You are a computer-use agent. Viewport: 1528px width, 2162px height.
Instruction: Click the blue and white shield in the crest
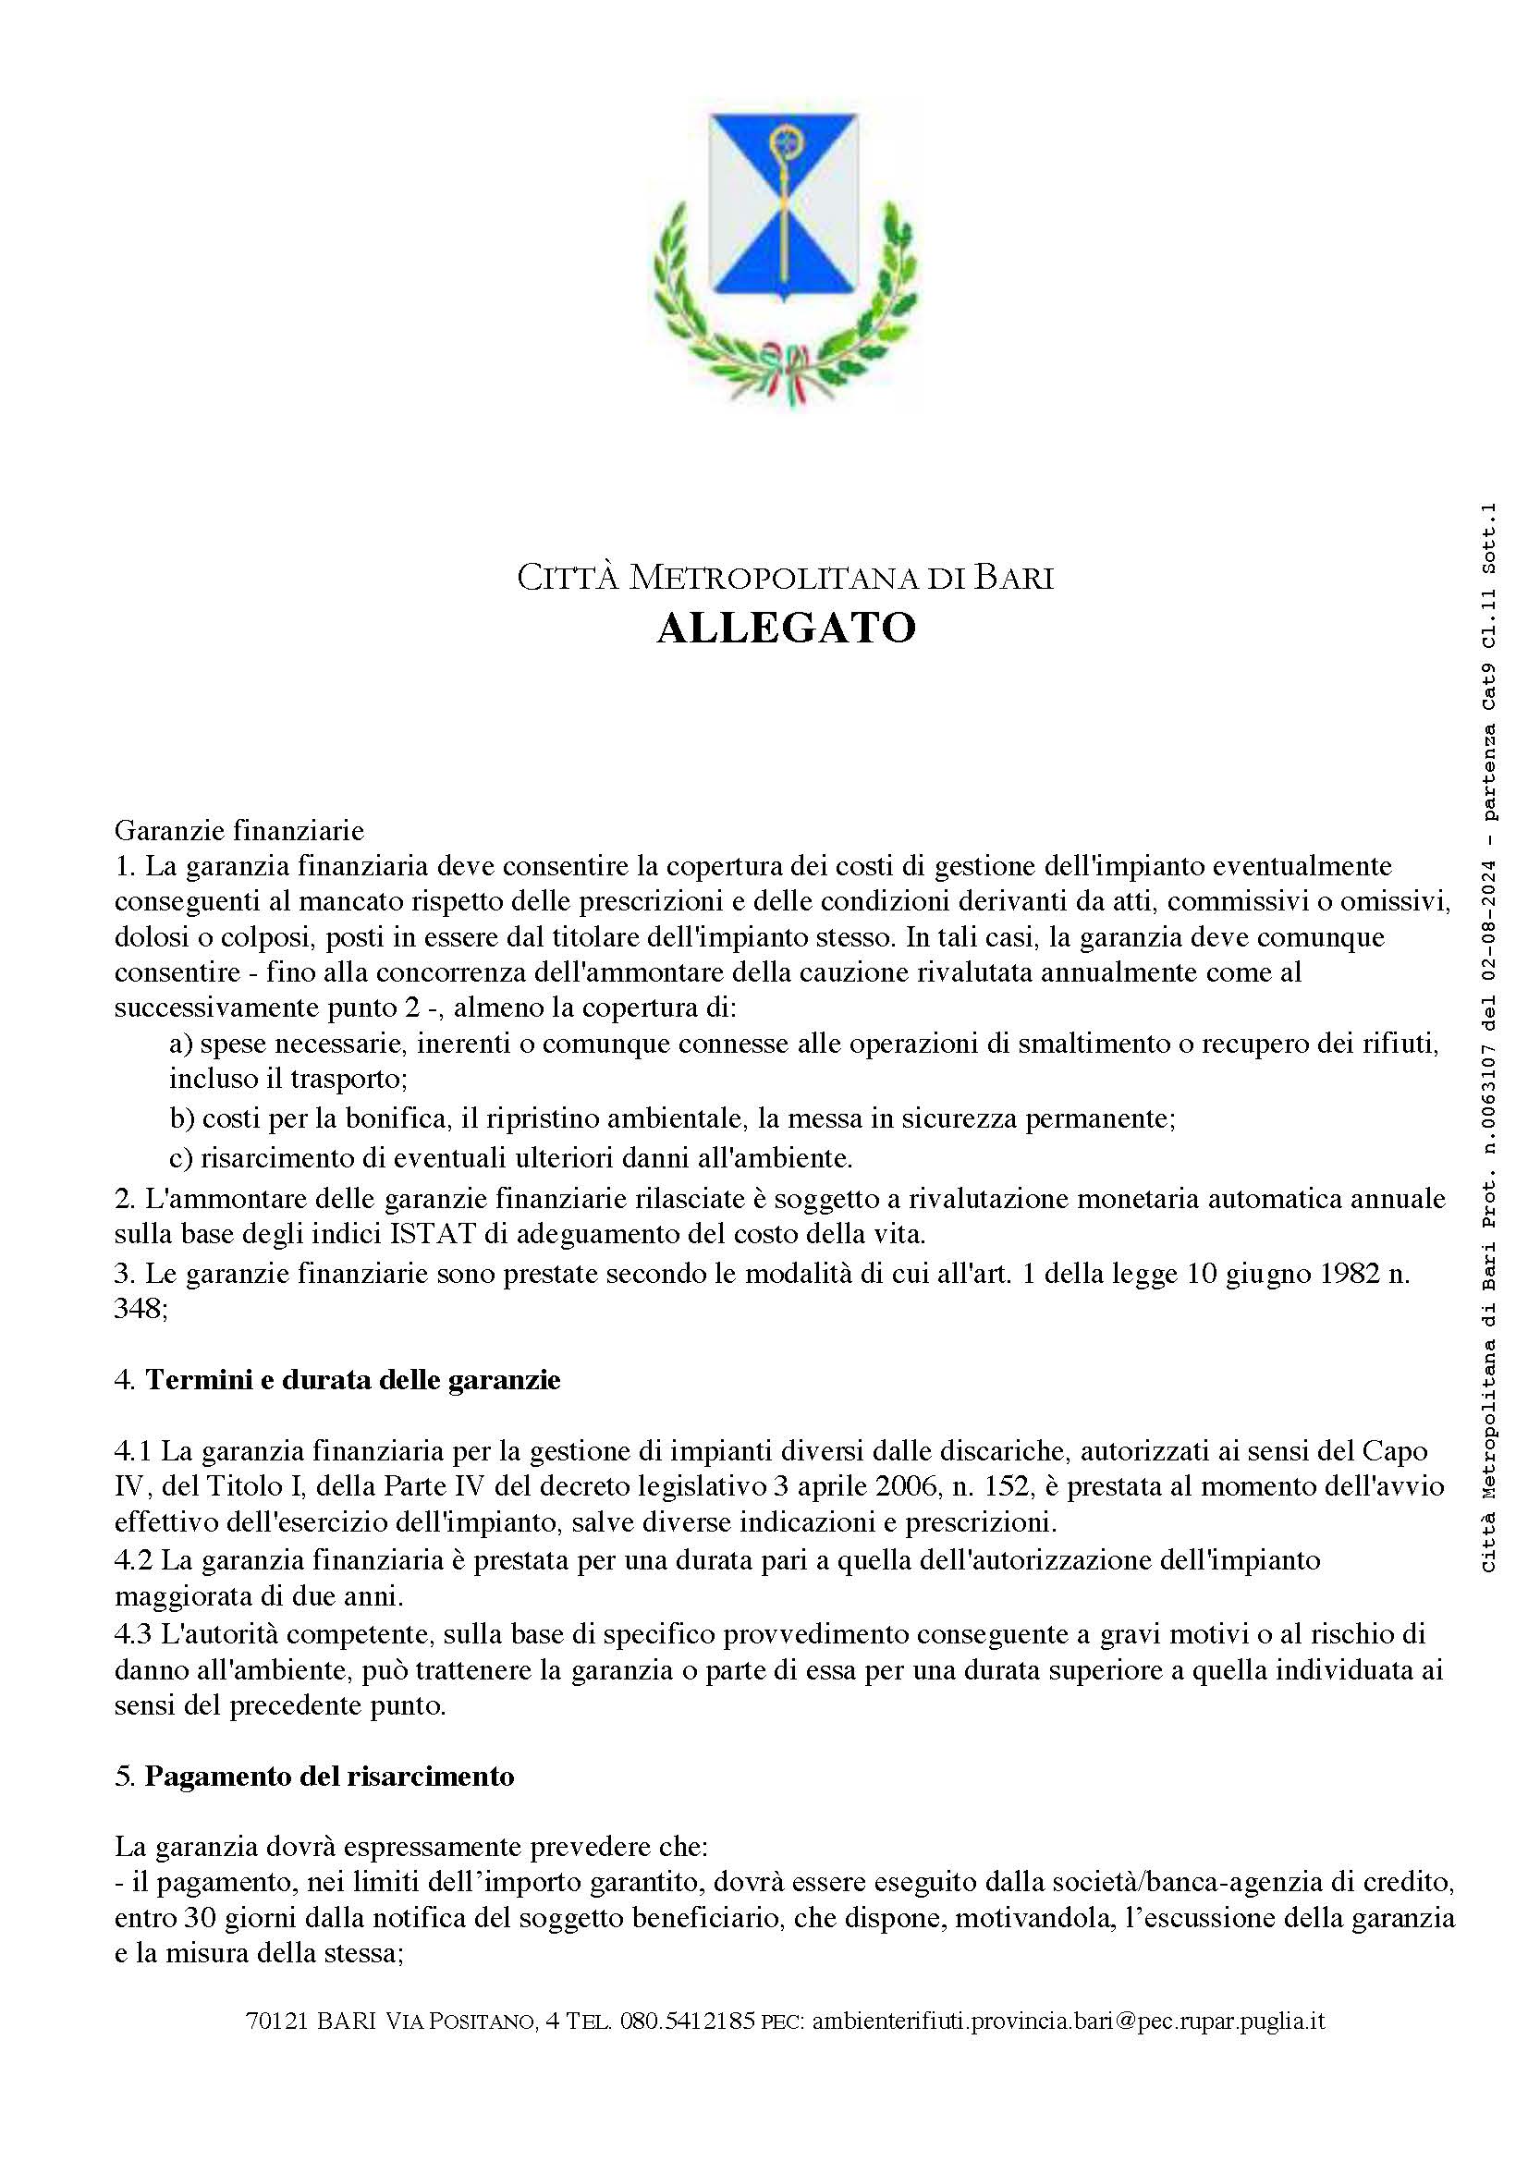783,207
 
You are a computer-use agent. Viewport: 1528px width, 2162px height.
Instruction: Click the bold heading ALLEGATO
786,628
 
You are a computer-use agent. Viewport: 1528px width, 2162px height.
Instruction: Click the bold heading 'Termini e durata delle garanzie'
352,1379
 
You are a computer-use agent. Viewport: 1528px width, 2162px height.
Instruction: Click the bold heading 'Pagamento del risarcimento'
329,1776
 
